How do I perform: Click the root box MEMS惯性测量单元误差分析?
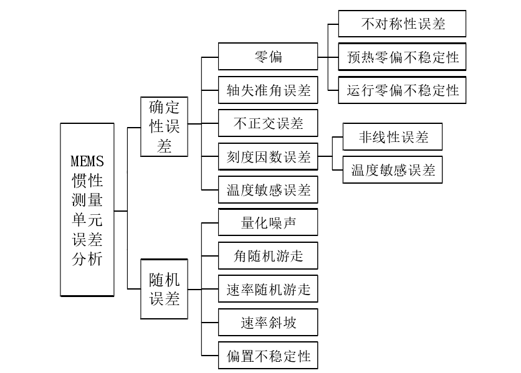[x=87, y=209]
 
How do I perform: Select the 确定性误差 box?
[x=164, y=127]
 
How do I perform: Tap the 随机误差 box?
[x=164, y=288]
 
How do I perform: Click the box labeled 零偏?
[x=268, y=57]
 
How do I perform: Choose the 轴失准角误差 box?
[x=268, y=90]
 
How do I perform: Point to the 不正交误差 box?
[x=268, y=123]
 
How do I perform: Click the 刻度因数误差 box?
[x=268, y=157]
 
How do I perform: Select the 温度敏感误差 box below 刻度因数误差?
[x=268, y=190]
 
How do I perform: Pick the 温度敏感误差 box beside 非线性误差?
[x=393, y=170]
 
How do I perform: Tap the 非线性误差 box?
[x=393, y=137]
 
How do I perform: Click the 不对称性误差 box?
[x=403, y=24]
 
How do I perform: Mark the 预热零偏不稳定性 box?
[x=403, y=57]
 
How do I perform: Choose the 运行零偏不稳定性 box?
[x=403, y=90]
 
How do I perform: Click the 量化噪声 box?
[x=268, y=223]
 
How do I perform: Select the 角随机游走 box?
[x=268, y=257]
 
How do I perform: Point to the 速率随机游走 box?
[x=268, y=290]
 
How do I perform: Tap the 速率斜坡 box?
[x=268, y=323]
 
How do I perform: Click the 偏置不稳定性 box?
[x=268, y=356]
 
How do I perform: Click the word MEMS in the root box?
[x=87, y=161]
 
